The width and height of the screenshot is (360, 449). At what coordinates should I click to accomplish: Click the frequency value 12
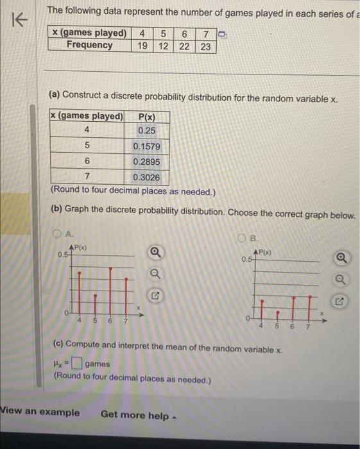(163, 46)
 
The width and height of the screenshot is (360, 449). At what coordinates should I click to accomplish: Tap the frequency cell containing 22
(184, 46)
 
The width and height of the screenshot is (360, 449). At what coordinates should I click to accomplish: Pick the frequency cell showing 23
(205, 46)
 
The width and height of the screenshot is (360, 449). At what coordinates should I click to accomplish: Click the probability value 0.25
(146, 131)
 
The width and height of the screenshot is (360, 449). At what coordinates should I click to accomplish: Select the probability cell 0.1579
(146, 146)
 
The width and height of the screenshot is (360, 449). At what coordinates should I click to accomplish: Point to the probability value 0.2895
(146, 162)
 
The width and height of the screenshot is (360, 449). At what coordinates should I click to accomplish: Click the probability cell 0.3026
(146, 177)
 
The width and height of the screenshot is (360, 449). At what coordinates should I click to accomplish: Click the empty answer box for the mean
(77, 364)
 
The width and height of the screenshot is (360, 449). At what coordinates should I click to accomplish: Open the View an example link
(41, 412)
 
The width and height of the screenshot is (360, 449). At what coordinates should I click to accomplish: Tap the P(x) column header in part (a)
(146, 116)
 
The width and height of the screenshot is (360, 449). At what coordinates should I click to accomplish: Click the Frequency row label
(89, 46)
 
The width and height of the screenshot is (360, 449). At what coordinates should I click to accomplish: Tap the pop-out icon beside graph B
(340, 301)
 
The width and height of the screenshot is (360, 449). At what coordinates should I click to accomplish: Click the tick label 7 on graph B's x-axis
(307, 326)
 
